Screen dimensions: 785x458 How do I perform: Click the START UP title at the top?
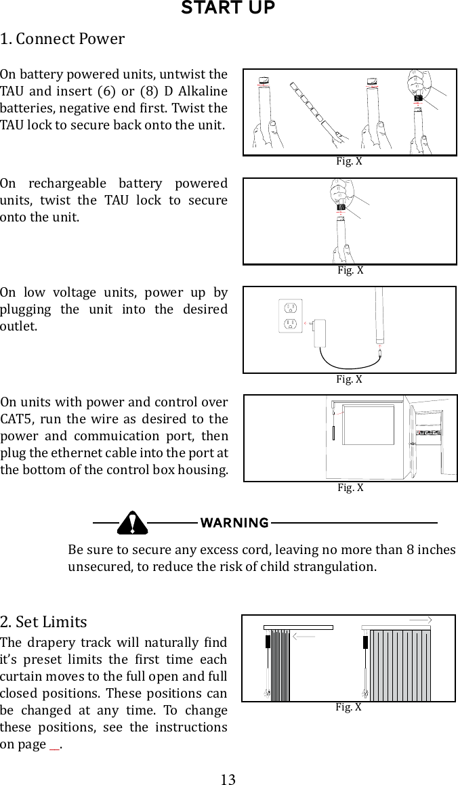(228, 9)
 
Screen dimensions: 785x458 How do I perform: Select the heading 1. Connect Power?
(62, 39)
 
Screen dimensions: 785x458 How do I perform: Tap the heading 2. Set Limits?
(44, 622)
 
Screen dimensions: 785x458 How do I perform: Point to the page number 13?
(228, 779)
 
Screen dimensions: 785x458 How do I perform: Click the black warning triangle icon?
(132, 523)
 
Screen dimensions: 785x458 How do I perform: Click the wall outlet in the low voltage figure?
(289, 316)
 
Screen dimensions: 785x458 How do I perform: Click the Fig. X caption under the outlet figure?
(350, 379)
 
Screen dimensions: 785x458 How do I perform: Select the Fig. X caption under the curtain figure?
(349, 707)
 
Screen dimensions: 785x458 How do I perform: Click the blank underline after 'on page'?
(55, 745)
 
